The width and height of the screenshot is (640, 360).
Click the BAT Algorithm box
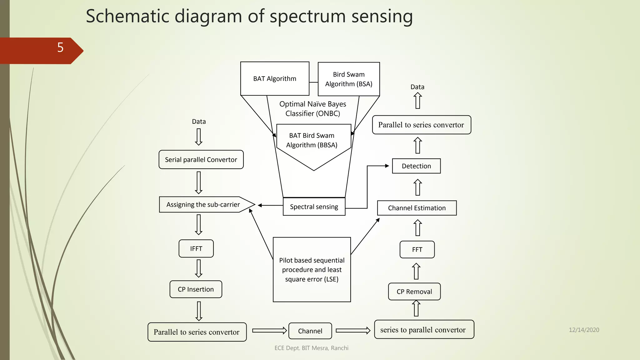(275, 78)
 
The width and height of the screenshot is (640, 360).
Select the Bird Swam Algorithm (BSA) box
(349, 79)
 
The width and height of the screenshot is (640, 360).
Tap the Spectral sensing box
(314, 207)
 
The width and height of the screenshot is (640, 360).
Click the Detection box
(416, 166)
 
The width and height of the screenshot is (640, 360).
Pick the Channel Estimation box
(417, 208)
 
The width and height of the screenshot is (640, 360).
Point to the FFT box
(417, 249)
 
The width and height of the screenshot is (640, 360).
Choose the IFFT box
(196, 248)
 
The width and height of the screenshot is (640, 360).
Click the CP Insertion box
(196, 289)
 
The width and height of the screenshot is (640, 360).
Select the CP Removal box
(414, 292)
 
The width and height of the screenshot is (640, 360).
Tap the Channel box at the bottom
(310, 331)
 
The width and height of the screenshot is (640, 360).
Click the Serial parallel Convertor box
(201, 159)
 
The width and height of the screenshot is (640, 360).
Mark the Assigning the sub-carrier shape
(203, 204)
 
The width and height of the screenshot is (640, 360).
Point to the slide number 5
(60, 47)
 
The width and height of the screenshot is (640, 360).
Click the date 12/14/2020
(584, 330)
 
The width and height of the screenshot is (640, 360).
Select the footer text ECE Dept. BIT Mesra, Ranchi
(311, 348)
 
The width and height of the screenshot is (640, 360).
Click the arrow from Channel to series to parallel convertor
(353, 331)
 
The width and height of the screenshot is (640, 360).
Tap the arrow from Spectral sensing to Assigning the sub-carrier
(270, 205)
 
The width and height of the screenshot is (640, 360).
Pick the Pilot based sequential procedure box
(312, 269)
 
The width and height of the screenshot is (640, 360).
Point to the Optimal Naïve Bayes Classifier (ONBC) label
(312, 108)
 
